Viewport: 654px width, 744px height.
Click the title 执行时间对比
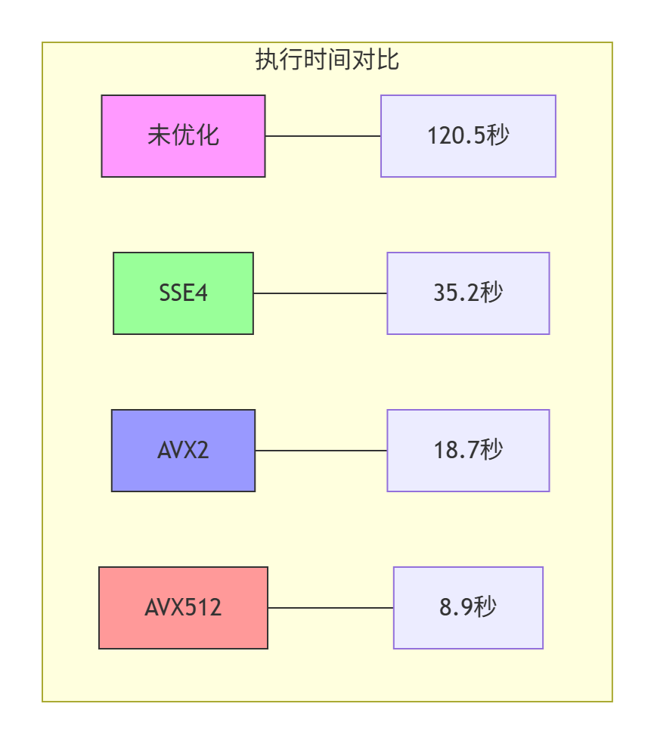coord(327,60)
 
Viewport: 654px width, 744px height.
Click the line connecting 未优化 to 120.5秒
coord(323,136)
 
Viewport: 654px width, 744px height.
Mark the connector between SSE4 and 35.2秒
coord(320,293)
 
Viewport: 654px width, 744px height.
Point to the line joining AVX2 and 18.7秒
coord(321,451)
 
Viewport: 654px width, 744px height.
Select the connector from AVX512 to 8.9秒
coord(330,608)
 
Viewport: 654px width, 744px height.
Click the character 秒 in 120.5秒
coord(498,136)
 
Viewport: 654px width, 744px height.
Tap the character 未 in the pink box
coord(159,136)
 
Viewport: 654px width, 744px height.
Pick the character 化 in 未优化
coord(208,136)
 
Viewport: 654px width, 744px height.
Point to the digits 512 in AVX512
coord(206,608)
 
